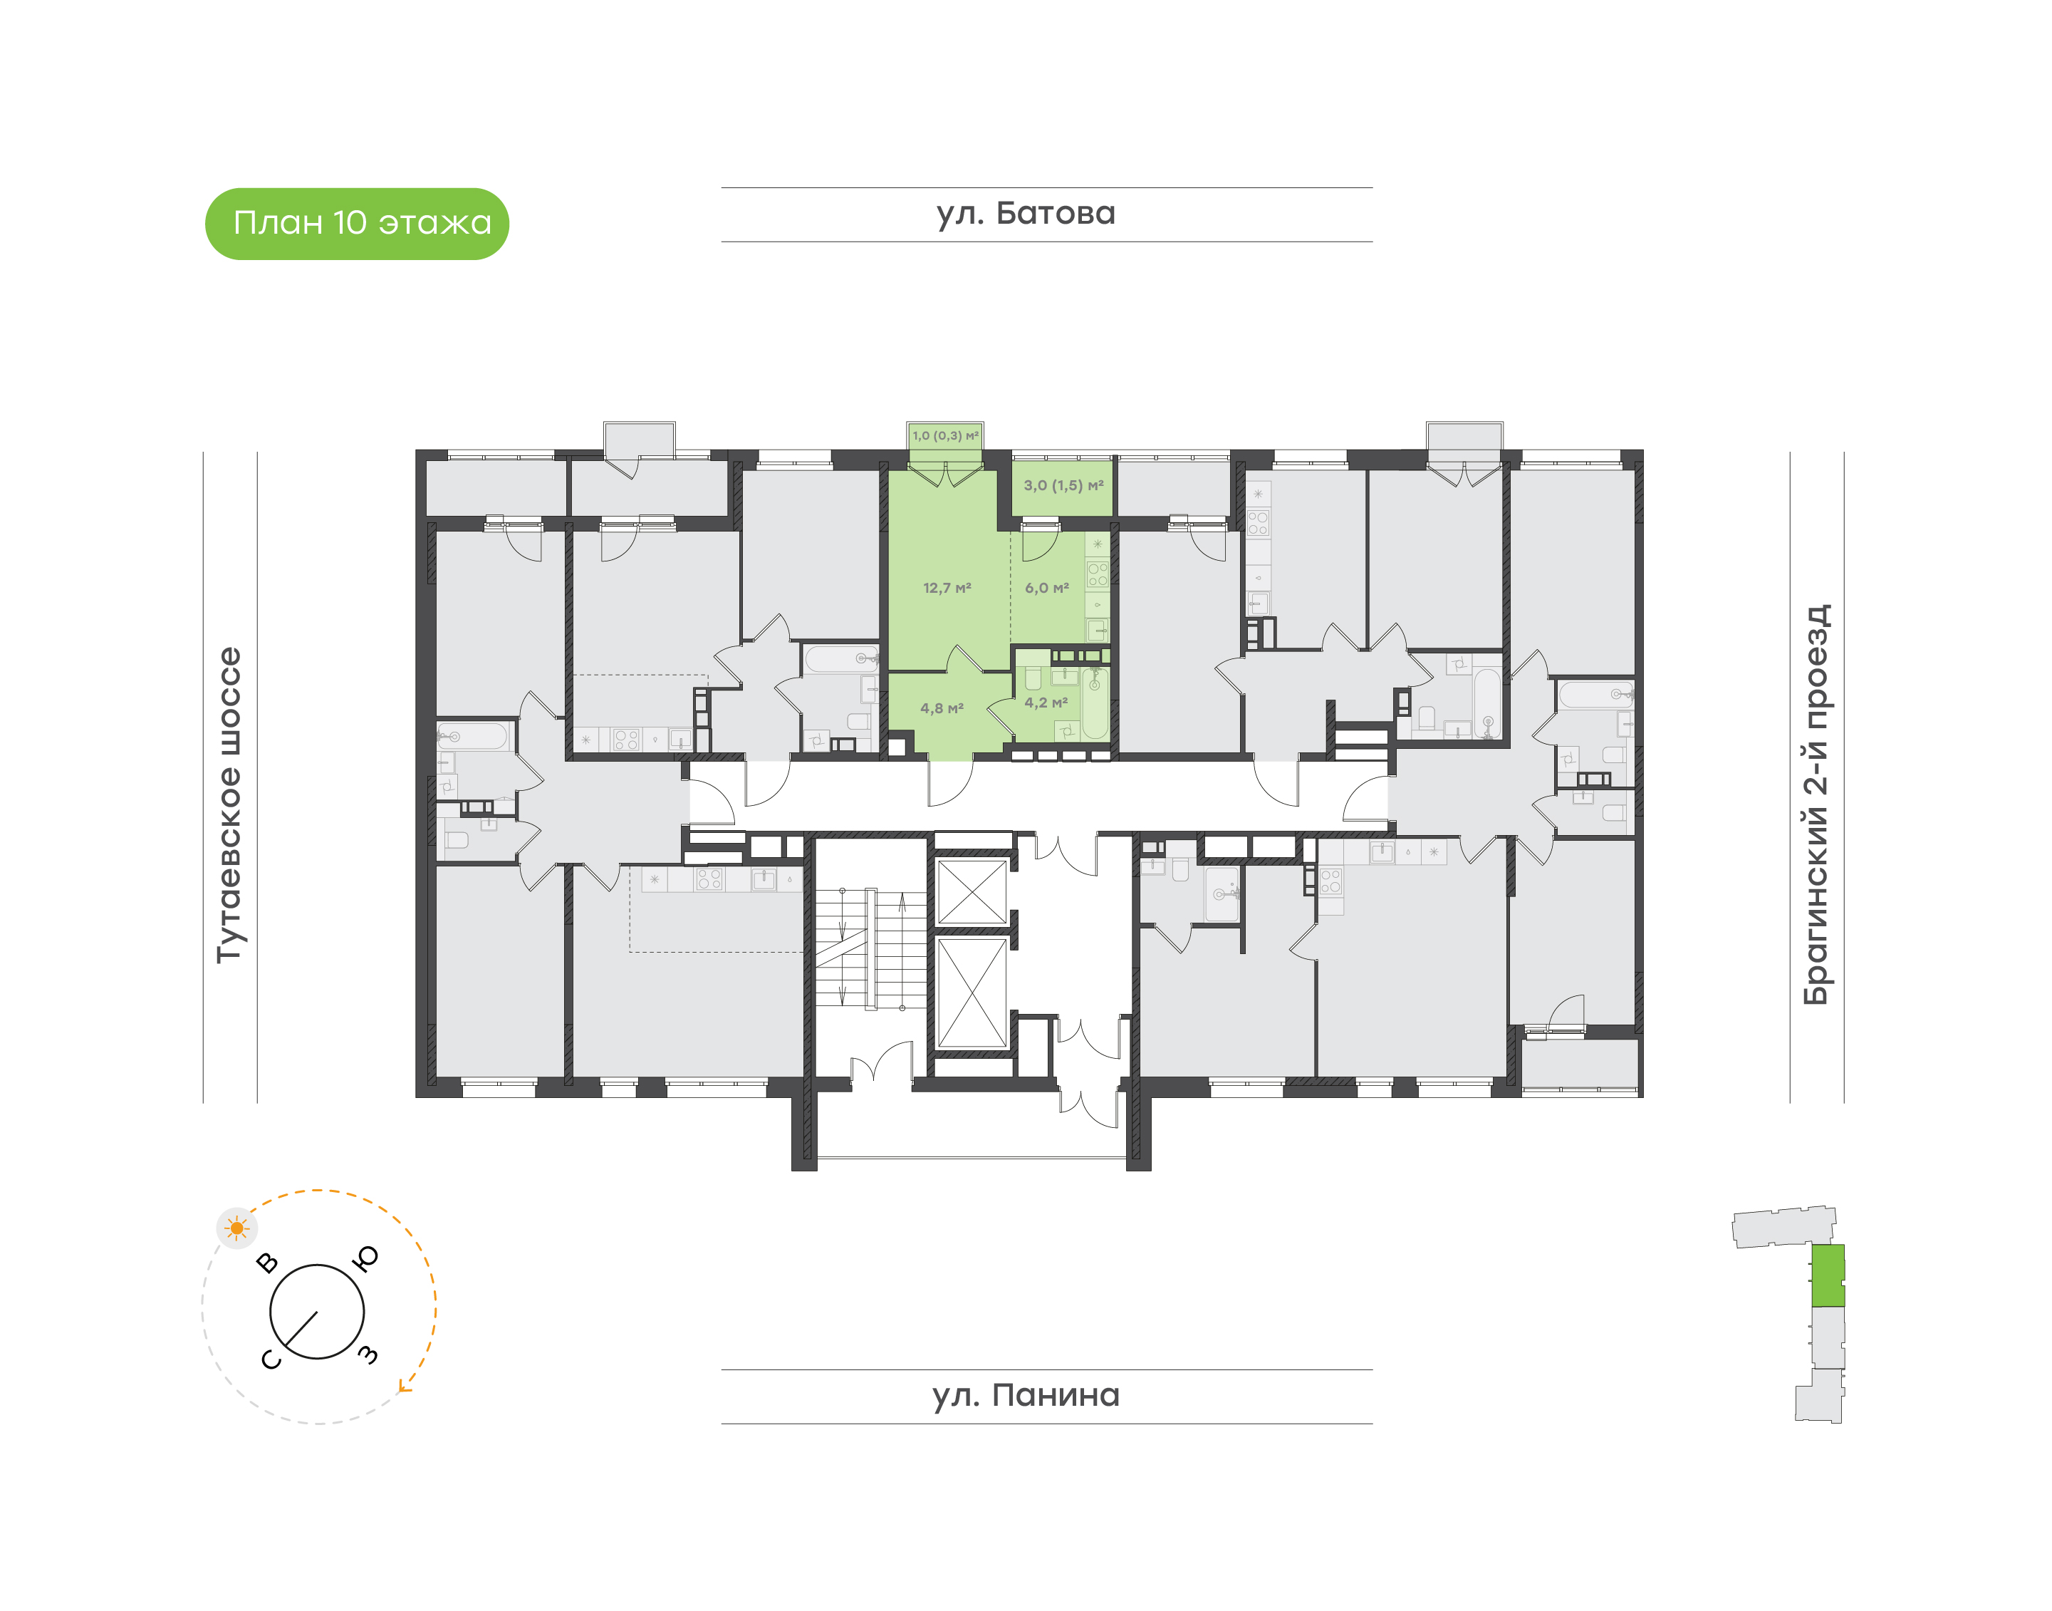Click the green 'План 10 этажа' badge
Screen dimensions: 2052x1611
coord(356,224)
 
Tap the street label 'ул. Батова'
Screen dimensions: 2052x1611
coord(1026,214)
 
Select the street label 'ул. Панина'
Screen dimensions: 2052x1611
coord(1026,1396)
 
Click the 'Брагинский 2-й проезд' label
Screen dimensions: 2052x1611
coord(1816,804)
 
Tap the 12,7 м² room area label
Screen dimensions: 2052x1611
coord(947,588)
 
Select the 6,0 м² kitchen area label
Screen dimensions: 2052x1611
coord(1047,588)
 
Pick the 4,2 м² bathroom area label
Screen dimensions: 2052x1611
coord(1046,703)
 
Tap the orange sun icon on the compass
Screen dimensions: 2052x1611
coord(236,1228)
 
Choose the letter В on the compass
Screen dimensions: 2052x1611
coord(268,1263)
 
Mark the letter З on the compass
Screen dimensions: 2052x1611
coord(368,1355)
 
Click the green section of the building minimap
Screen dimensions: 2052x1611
coord(1828,1275)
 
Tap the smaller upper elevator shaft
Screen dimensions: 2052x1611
coord(972,891)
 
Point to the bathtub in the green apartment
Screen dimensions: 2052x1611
coord(1095,703)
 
